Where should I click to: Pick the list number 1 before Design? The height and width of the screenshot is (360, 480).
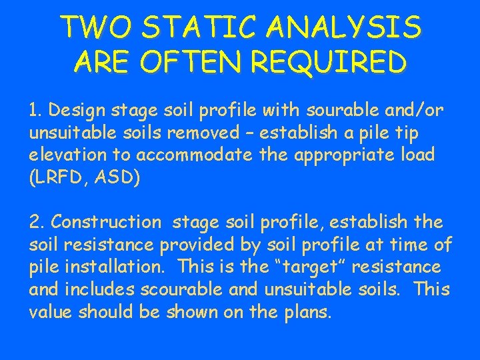35,109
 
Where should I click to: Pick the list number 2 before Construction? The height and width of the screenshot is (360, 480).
36,221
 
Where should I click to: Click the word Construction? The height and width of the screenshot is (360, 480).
106,221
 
